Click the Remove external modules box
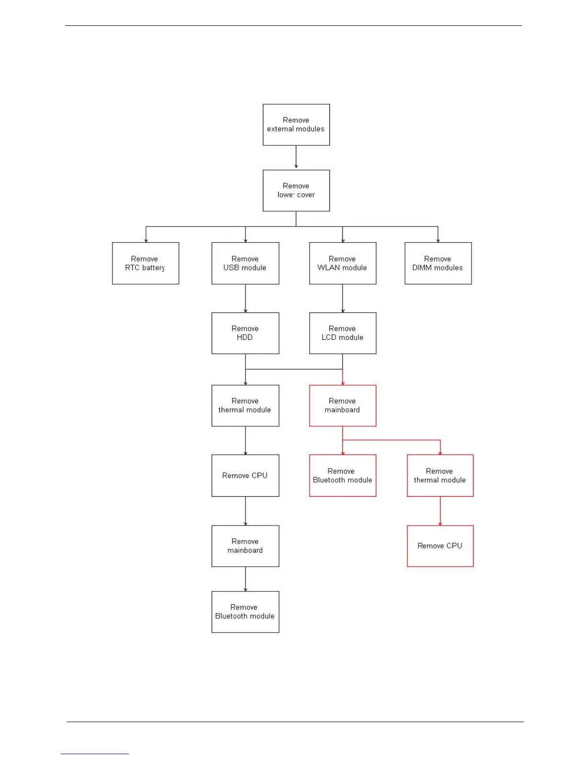296,124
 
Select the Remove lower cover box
296,190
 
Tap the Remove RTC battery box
146,263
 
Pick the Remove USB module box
245,263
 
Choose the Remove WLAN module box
342,263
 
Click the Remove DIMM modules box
438,263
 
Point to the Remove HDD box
245,333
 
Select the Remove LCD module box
342,333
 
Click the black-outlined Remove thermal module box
245,405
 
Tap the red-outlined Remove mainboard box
342,405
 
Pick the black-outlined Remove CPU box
245,475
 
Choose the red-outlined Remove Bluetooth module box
342,475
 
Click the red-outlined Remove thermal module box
440,475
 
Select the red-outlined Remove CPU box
440,546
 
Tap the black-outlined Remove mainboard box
245,546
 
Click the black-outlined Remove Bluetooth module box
245,612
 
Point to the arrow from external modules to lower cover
296,157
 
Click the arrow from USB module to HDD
246,298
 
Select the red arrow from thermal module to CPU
440,511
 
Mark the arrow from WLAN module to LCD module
343,298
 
